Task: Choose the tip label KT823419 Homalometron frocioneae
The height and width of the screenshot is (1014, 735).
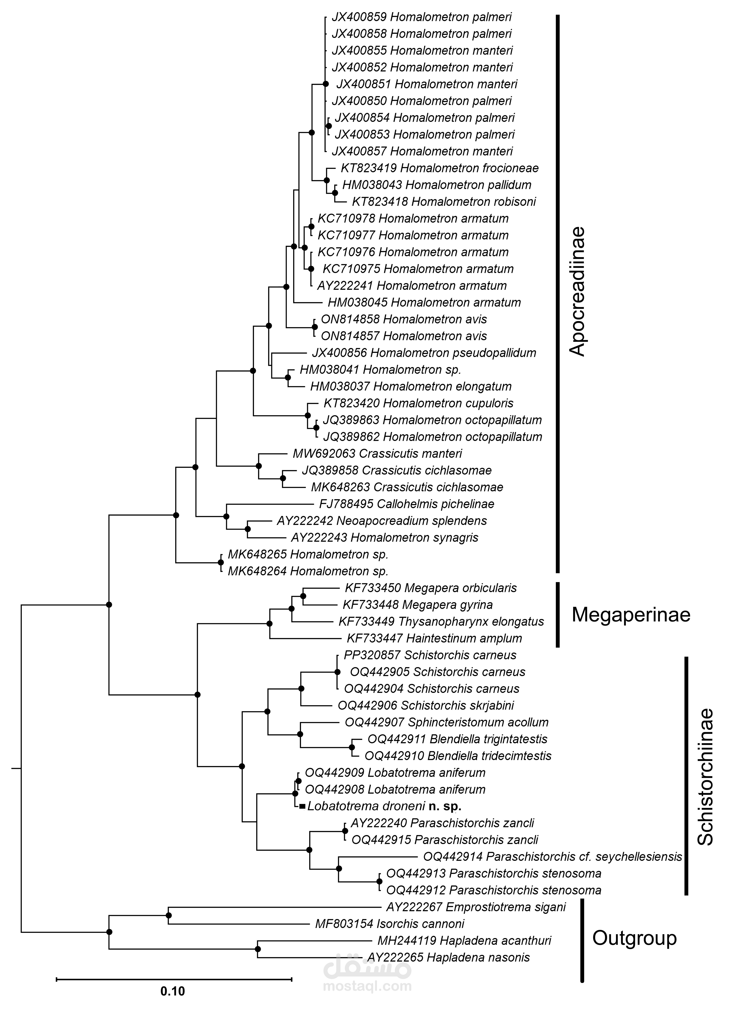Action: (439, 168)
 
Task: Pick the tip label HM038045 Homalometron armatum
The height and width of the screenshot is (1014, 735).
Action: (424, 303)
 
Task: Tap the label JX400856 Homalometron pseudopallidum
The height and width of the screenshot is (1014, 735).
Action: (424, 353)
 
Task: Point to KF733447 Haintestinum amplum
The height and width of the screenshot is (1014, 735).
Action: (434, 638)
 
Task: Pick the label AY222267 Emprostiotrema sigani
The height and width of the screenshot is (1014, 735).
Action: (476, 907)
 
